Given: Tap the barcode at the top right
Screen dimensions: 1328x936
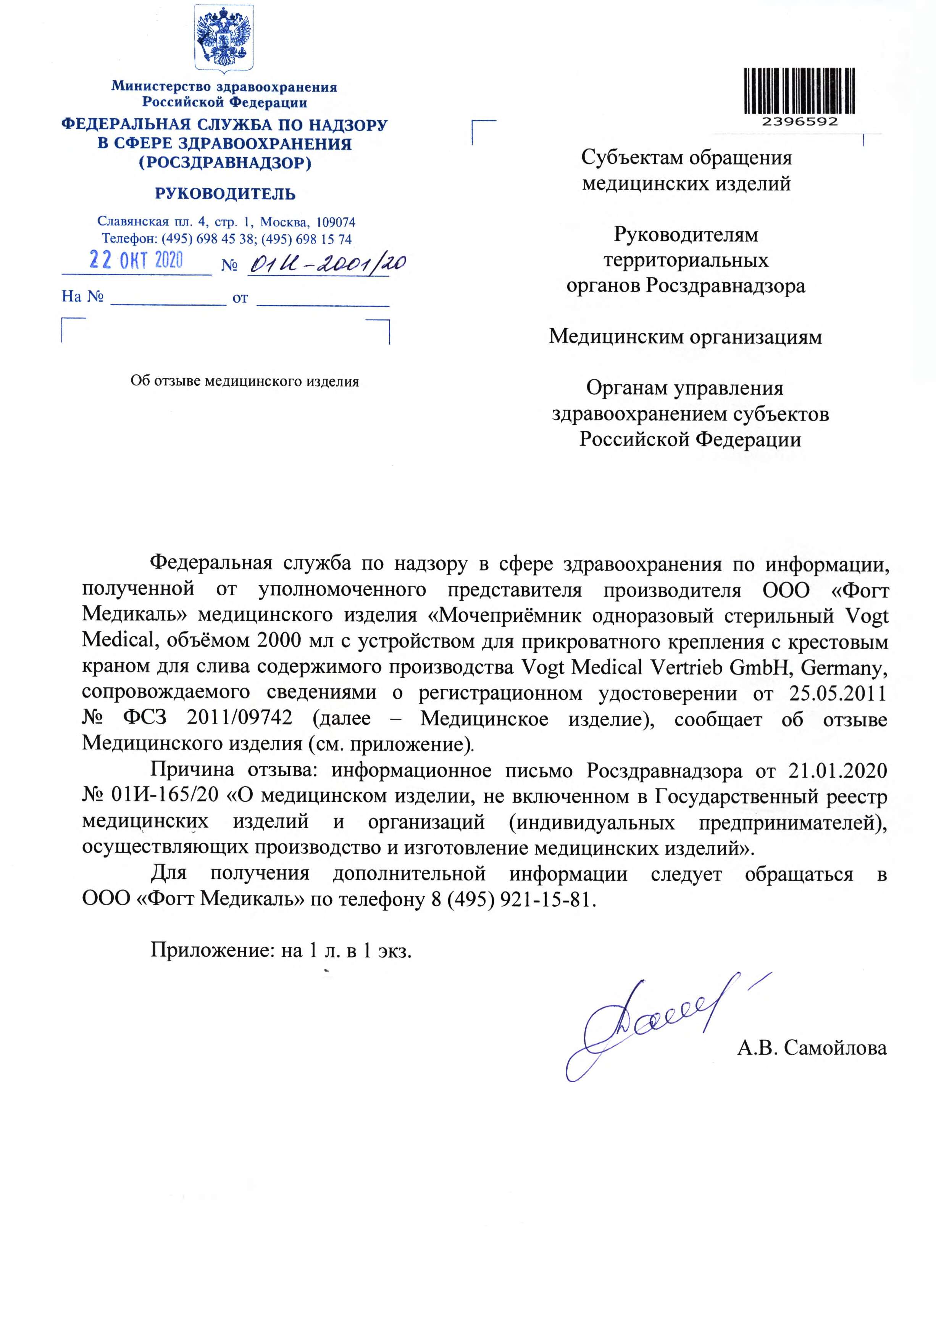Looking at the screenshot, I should pyautogui.click(x=799, y=91).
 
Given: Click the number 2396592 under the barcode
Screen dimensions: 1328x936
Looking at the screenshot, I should pyautogui.click(x=799, y=122).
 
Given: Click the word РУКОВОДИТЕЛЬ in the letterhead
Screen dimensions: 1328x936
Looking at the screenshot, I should pyautogui.click(x=225, y=194).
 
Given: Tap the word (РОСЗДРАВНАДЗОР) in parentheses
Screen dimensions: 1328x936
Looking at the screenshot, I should pyautogui.click(x=225, y=163).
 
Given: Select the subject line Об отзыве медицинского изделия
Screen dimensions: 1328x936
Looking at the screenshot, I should pyautogui.click(x=245, y=382).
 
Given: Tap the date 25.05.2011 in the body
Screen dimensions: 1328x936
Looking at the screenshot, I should pyautogui.click(x=837, y=693).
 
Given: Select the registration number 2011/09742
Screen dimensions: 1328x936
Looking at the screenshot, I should pyautogui.click(x=239, y=718).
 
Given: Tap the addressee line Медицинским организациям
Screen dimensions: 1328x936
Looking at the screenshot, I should pyautogui.click(x=686, y=337).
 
